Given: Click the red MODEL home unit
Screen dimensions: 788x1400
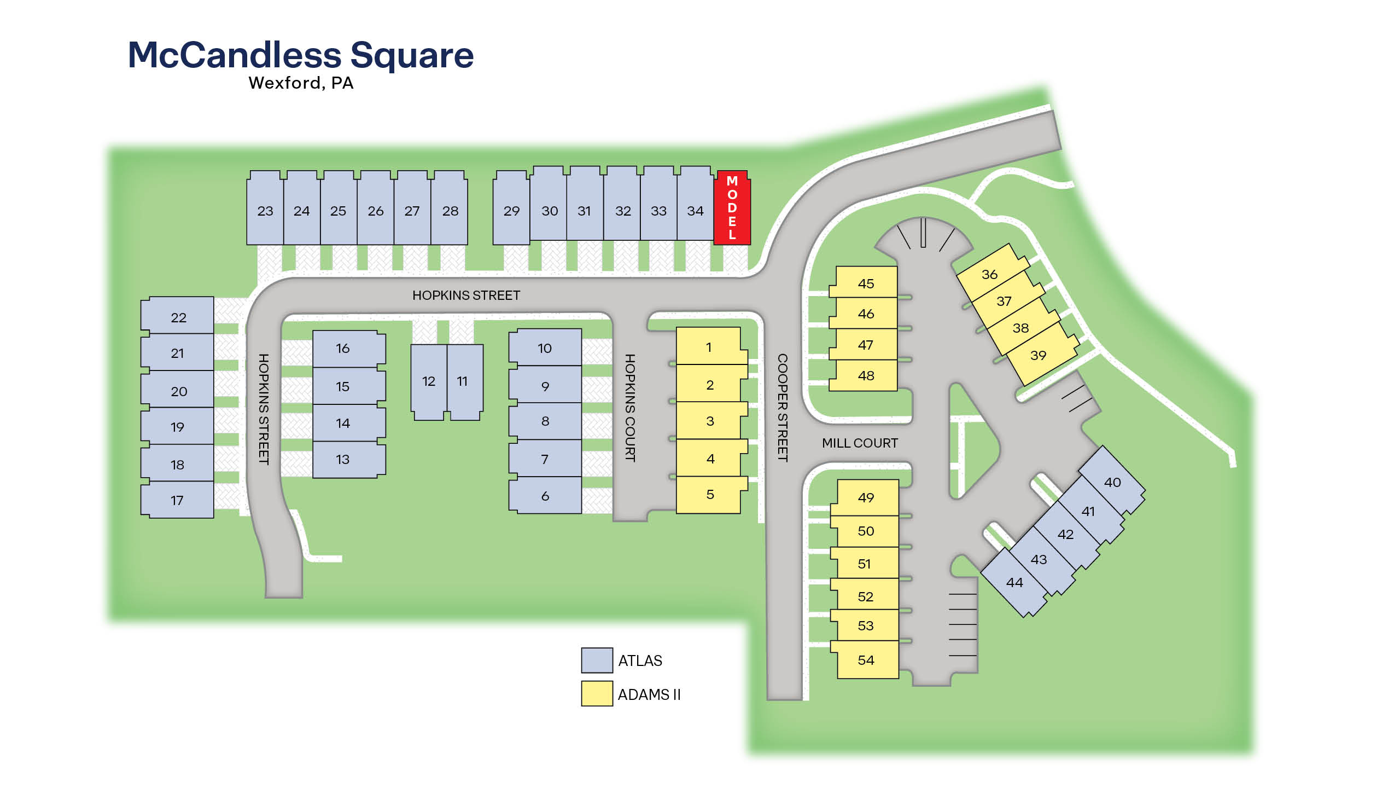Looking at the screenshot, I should pyautogui.click(x=732, y=208).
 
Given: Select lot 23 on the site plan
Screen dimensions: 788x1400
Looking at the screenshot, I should pyautogui.click(x=265, y=211).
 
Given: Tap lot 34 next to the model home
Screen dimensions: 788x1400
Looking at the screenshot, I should pyautogui.click(x=695, y=211).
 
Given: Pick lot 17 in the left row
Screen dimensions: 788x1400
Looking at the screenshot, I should pyautogui.click(x=177, y=500).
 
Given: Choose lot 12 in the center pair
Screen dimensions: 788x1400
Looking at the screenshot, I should pyautogui.click(x=429, y=381).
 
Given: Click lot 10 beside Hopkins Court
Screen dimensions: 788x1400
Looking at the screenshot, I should pyautogui.click(x=545, y=348).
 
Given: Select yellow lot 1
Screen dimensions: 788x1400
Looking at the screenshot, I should pyautogui.click(x=709, y=347).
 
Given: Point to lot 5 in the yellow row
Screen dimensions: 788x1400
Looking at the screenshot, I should pyautogui.click(x=710, y=495).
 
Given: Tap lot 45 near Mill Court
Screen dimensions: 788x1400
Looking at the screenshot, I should pyautogui.click(x=866, y=283).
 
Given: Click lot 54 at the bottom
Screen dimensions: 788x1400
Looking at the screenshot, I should pyautogui.click(x=866, y=660).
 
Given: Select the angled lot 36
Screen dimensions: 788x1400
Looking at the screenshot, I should pyautogui.click(x=989, y=274).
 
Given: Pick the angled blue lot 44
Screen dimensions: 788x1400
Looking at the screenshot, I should pyautogui.click(x=1014, y=582).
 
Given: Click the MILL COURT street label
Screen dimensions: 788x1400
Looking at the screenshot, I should pyautogui.click(x=860, y=443).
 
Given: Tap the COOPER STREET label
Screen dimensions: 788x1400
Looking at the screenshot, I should pyautogui.click(x=783, y=407).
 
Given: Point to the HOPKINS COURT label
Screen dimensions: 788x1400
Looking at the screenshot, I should pyautogui.click(x=630, y=407).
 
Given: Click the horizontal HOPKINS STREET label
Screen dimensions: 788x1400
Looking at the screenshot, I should pyautogui.click(x=466, y=296).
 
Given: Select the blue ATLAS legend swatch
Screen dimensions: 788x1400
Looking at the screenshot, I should pyautogui.click(x=597, y=660).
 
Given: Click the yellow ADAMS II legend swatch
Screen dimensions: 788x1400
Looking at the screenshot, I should pyautogui.click(x=597, y=693).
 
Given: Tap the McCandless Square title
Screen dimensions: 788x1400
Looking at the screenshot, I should pyautogui.click(x=301, y=55).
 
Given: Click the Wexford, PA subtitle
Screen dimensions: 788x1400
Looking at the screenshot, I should pyautogui.click(x=301, y=83).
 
